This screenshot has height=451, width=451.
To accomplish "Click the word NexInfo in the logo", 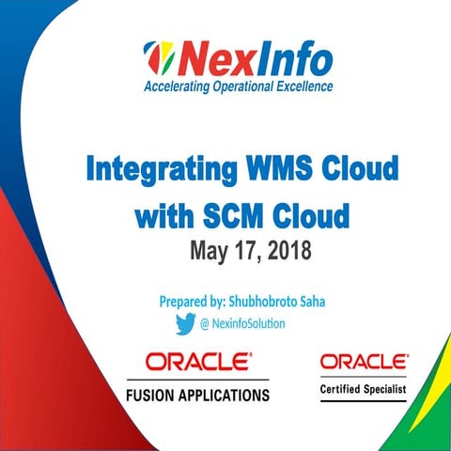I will pyautogui.click(x=254, y=61).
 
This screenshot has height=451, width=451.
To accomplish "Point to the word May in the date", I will pyautogui.click(x=210, y=252).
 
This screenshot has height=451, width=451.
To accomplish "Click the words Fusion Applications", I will pyautogui.click(x=197, y=395).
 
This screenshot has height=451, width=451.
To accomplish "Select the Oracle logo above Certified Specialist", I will pyautogui.click(x=364, y=362).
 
